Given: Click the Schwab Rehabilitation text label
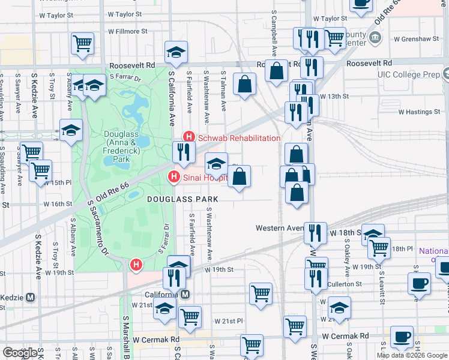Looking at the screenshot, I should [240, 138].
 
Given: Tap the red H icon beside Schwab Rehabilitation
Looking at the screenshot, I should [189, 137].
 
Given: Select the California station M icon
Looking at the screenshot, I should [185, 295].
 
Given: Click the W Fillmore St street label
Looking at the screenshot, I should [127, 31].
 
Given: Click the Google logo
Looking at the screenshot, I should [20, 353].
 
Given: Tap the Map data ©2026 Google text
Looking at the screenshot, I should [412, 355].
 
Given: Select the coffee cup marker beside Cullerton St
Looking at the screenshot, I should [419, 283].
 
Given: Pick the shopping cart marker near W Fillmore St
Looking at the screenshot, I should [82, 43].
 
